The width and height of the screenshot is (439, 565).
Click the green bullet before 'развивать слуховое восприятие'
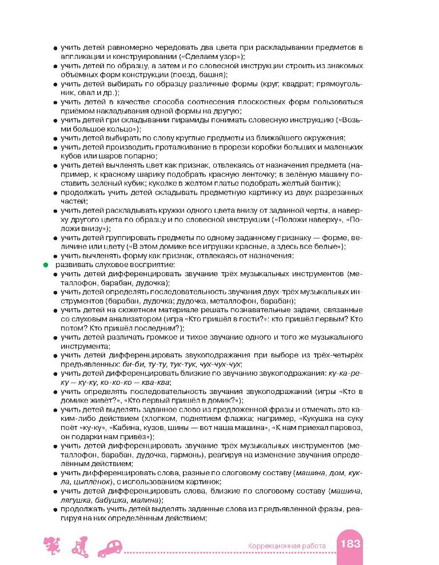coord(42,265)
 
